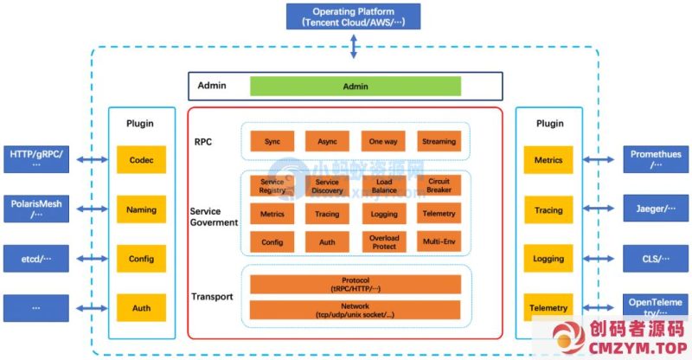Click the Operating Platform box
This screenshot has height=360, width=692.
(x=353, y=16)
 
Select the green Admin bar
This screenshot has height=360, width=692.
(x=355, y=87)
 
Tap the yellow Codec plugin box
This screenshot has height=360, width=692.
(x=141, y=160)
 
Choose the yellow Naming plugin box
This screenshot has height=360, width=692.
(x=141, y=209)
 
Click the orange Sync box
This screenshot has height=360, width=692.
(x=272, y=141)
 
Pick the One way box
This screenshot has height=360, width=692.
(x=383, y=141)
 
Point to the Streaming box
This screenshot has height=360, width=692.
(x=439, y=141)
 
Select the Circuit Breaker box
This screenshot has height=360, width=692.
(x=439, y=184)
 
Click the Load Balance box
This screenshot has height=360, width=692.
(x=383, y=184)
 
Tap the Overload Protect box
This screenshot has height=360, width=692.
(x=383, y=242)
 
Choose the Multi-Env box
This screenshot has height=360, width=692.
(x=439, y=242)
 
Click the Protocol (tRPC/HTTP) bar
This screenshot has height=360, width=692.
(x=355, y=285)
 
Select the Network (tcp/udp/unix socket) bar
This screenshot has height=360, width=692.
(x=355, y=310)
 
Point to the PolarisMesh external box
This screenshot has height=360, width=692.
(x=36, y=209)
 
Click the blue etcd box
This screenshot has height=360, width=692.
(x=36, y=258)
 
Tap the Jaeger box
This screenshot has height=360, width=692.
(x=655, y=209)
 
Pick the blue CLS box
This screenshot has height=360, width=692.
(x=655, y=258)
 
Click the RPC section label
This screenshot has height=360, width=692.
(x=204, y=142)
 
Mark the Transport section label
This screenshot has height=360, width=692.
(x=212, y=297)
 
